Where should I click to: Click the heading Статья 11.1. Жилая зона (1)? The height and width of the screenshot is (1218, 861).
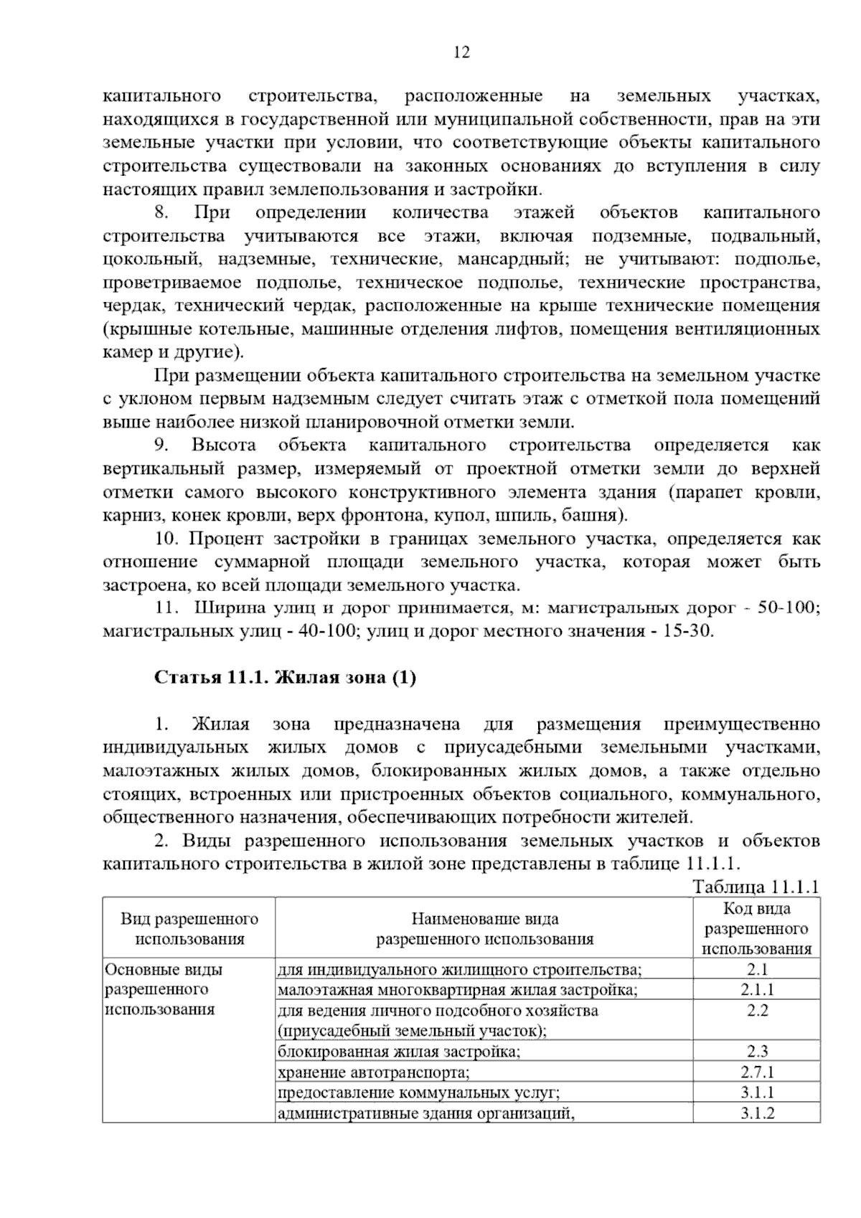tap(285, 677)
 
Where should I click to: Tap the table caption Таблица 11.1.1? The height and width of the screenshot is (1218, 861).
tap(756, 886)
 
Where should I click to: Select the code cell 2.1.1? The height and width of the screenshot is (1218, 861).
tap(757, 990)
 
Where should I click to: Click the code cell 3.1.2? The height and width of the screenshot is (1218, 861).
tap(757, 1113)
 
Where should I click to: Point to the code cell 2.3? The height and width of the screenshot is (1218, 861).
tap(757, 1052)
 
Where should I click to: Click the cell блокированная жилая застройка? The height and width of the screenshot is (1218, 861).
tap(399, 1052)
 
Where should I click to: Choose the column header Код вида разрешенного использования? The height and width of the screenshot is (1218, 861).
tap(757, 928)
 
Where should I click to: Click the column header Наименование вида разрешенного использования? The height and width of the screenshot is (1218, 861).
tap(484, 928)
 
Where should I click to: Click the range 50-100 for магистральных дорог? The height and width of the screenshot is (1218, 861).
tap(787, 608)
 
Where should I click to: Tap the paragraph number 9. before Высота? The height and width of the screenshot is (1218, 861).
tap(161, 445)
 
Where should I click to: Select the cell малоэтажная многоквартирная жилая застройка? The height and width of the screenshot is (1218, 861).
tap(458, 990)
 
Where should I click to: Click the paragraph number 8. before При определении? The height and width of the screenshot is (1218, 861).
tap(161, 212)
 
